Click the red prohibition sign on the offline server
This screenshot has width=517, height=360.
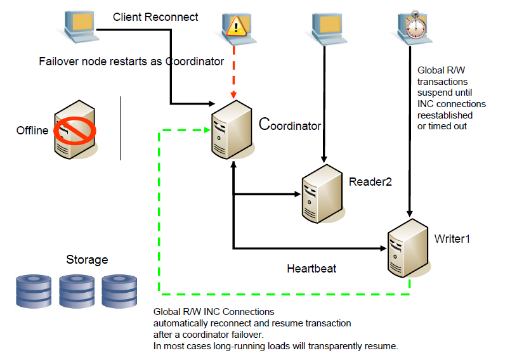[74, 131]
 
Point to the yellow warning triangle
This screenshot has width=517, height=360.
[236, 27]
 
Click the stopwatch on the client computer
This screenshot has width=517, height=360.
[414, 23]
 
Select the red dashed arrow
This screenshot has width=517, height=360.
[235, 70]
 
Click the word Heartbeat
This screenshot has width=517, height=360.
[311, 269]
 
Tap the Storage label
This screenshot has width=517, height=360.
[87, 260]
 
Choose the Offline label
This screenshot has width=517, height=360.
[32, 131]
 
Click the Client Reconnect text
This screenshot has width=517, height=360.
[155, 17]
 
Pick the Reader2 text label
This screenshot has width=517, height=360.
[370, 182]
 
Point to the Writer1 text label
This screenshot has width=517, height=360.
[452, 238]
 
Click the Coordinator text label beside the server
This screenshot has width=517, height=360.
[290, 125]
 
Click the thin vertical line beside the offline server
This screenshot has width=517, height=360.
[120, 129]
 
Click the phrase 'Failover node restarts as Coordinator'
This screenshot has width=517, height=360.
[131, 61]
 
